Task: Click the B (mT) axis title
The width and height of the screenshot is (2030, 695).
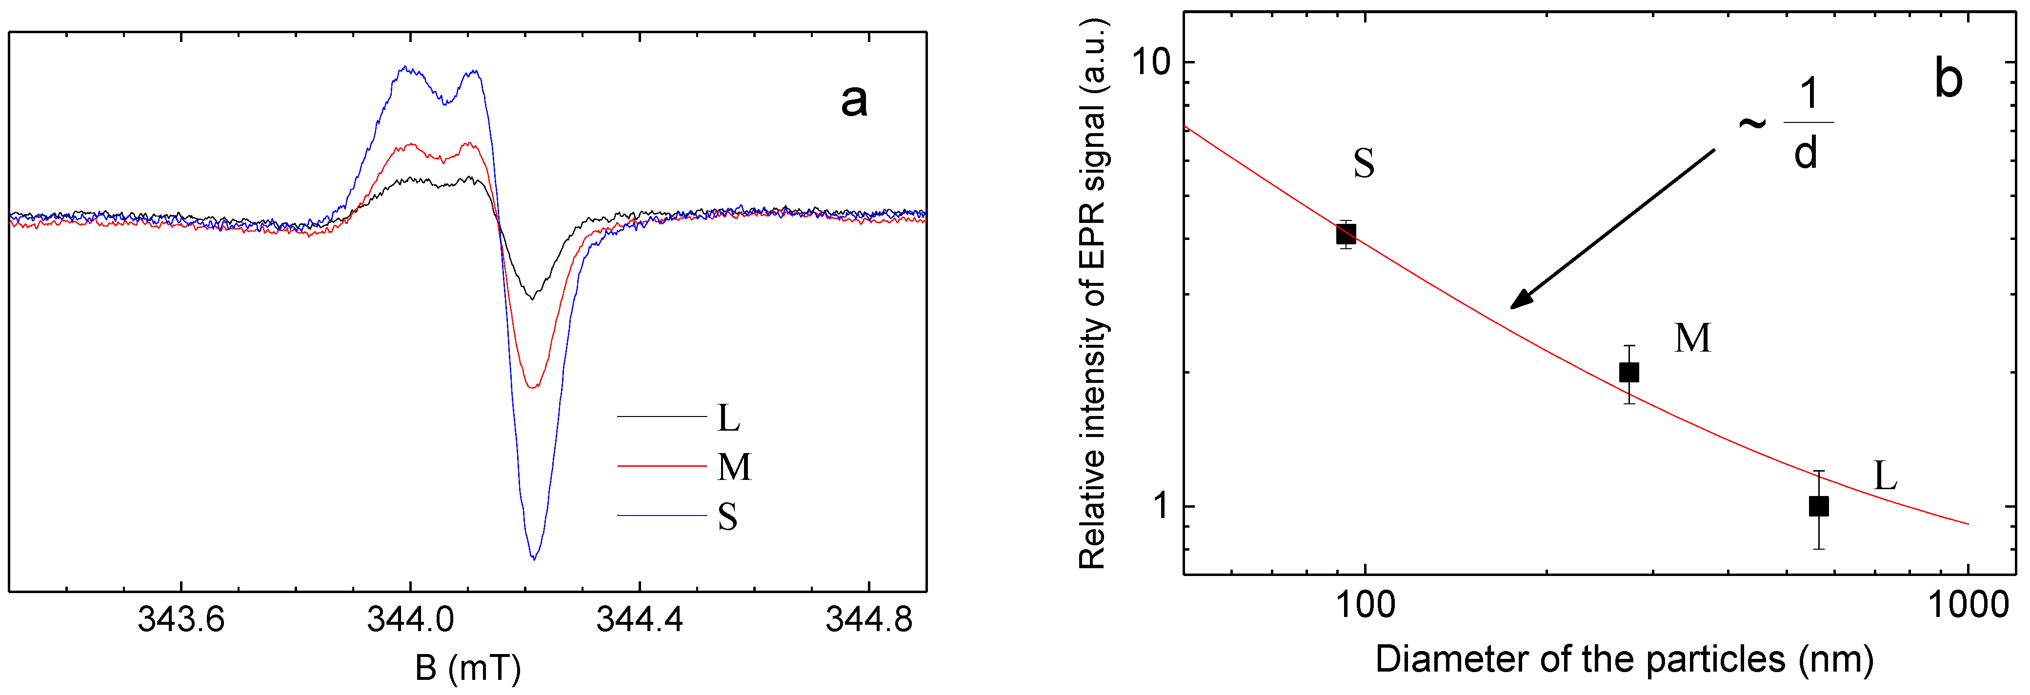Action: pyautogui.click(x=468, y=668)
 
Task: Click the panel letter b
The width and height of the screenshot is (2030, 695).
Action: pyautogui.click(x=1948, y=79)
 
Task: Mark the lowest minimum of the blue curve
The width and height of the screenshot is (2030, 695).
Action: pyautogui.click(x=534, y=558)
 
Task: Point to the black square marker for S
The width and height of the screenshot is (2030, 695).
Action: pyautogui.click(x=1346, y=234)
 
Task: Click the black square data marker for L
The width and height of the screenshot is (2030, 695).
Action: pyautogui.click(x=1818, y=506)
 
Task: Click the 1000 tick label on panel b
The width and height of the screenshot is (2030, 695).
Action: pyautogui.click(x=1968, y=606)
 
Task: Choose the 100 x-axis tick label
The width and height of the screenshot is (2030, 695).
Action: pyautogui.click(x=1366, y=606)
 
